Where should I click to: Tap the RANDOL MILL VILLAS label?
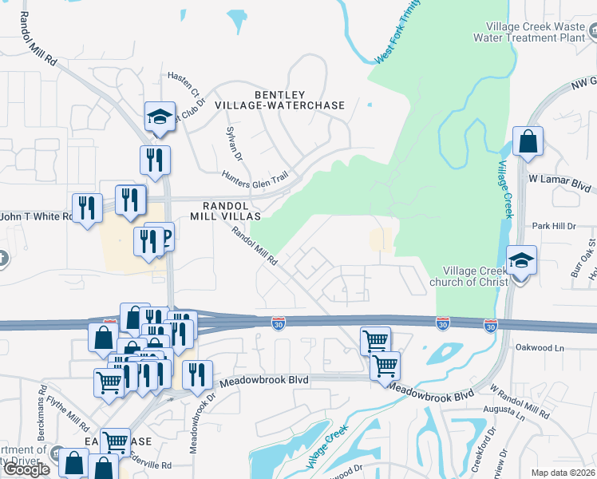click(x=227, y=209)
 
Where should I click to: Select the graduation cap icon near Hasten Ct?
click(x=160, y=117)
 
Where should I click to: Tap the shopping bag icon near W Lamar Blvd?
click(x=528, y=141)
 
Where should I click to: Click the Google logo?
click(x=26, y=469)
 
